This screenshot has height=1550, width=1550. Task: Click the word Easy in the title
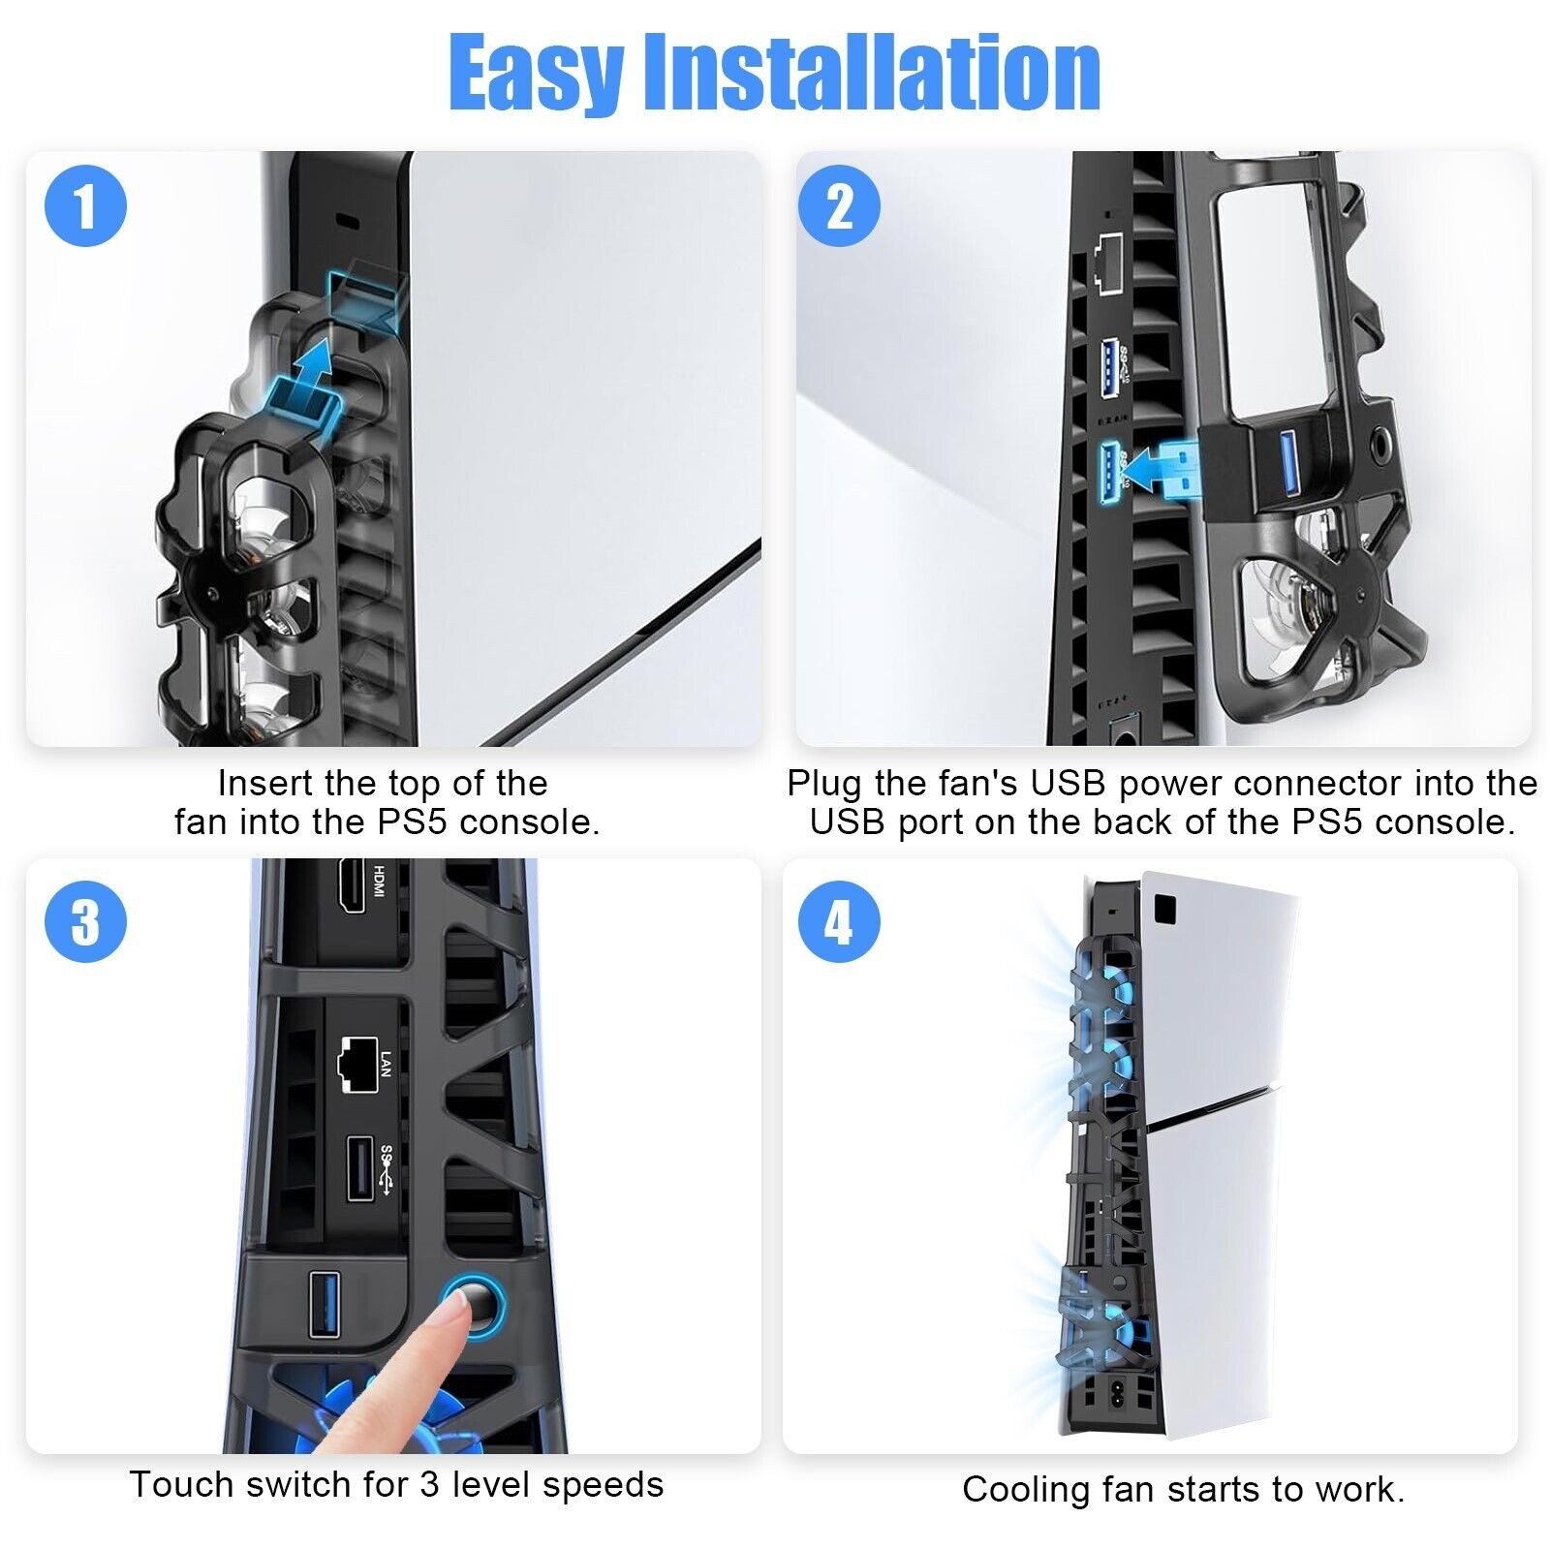(536, 74)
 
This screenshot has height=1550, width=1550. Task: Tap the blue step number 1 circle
(86, 206)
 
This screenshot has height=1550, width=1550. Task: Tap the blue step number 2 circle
(839, 206)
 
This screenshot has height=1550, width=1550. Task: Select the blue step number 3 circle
(86, 920)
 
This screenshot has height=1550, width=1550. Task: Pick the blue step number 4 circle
(839, 920)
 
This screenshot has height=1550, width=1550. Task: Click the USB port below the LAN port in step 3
(356, 1167)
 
